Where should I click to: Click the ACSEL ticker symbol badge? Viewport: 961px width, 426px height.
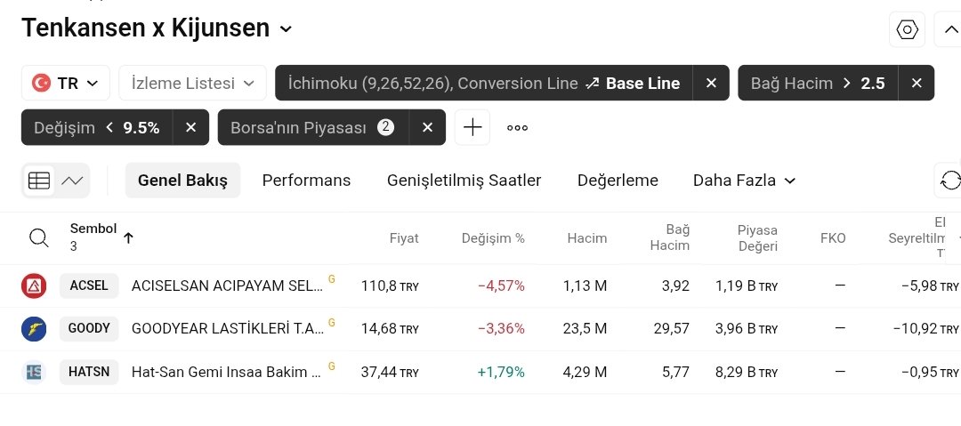coord(88,285)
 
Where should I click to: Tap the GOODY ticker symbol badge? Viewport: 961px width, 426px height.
coord(89,328)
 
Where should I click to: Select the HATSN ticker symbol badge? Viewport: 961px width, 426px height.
coord(89,372)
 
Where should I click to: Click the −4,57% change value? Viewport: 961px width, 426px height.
coord(501,285)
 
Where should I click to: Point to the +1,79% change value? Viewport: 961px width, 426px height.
coord(501,372)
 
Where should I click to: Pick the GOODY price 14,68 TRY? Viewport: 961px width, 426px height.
coord(389,328)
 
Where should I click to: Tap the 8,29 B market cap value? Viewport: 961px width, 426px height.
coord(747,372)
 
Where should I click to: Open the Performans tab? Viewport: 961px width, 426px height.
coord(306,181)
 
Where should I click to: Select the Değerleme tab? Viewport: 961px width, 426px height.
coord(618,181)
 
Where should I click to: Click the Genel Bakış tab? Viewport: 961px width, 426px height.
coord(182,181)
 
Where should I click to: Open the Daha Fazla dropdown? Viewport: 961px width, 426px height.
coord(744,181)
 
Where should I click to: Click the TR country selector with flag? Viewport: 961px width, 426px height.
coord(65,84)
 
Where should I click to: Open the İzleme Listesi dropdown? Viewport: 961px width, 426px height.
coord(192,84)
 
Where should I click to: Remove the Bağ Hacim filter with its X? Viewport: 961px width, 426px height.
coord(916,84)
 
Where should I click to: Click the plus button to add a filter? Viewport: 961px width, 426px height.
coord(472,127)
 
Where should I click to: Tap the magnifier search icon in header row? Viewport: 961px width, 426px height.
coord(39,237)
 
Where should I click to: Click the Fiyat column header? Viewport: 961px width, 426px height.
coord(404,238)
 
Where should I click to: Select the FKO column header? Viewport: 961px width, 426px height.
coord(833,238)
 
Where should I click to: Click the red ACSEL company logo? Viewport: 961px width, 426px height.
coord(34,285)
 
